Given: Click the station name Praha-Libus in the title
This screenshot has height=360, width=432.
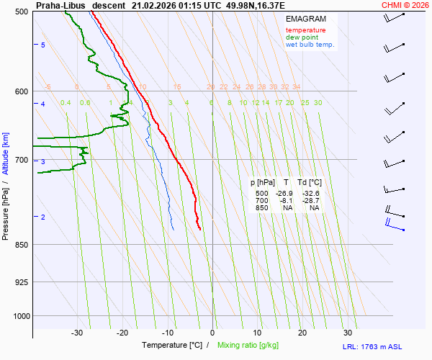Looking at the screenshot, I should (60, 5).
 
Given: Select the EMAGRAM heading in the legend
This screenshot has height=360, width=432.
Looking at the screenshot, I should (306, 18).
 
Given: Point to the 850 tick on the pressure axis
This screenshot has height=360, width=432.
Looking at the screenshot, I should (22, 245).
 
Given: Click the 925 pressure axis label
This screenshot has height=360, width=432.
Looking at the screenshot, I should (22, 282).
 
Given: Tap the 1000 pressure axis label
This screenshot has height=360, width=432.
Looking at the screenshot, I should (20, 315).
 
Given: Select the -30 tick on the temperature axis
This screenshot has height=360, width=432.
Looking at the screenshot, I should (78, 333).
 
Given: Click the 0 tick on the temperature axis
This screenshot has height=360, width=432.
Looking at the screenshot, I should (212, 333).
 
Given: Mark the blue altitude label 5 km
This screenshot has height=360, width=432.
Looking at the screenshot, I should (43, 45).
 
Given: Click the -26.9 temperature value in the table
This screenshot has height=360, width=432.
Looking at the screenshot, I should (286, 194).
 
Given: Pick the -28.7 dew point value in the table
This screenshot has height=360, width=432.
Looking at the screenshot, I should (311, 201).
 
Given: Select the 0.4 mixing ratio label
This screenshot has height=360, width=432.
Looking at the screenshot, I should (66, 103).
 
